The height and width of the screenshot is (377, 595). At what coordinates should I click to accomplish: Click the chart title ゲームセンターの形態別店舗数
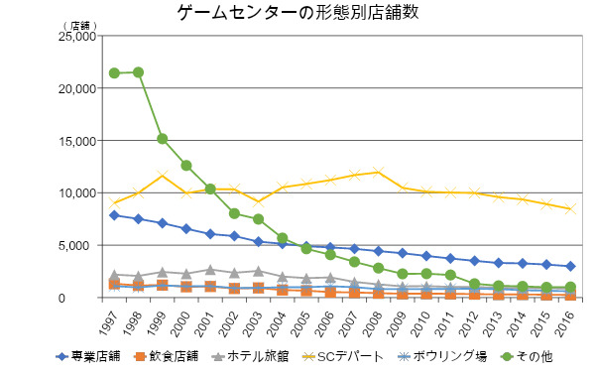click(x=297, y=12)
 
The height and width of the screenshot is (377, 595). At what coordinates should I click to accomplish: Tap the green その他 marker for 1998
click(x=138, y=72)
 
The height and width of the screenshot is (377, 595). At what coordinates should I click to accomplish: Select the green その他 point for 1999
click(x=163, y=139)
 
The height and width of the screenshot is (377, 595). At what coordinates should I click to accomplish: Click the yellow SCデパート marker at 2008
click(x=378, y=172)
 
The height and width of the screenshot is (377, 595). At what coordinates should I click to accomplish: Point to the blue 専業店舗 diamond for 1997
click(x=114, y=215)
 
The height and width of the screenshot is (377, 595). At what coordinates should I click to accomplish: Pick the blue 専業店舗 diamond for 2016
click(x=570, y=266)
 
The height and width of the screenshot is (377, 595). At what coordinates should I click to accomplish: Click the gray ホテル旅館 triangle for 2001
click(x=210, y=270)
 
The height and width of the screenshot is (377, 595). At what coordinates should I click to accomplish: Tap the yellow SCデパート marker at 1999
click(x=163, y=176)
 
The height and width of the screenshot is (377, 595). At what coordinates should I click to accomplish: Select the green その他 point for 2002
click(x=234, y=213)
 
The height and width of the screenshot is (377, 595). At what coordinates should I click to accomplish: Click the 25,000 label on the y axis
click(x=77, y=37)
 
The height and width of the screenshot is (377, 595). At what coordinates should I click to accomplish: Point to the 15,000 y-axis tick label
click(x=77, y=141)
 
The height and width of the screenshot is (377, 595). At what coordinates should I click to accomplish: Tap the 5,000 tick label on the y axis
click(x=79, y=246)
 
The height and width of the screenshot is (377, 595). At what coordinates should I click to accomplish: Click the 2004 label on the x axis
click(x=277, y=323)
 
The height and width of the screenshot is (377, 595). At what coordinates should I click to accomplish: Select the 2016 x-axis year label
click(x=565, y=323)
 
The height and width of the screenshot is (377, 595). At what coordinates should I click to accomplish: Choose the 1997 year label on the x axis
click(x=109, y=323)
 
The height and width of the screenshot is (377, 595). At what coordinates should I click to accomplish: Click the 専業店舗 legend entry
click(x=88, y=356)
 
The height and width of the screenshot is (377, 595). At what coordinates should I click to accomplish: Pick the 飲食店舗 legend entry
click(x=167, y=356)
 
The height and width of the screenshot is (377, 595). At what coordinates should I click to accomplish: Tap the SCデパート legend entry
click(x=343, y=356)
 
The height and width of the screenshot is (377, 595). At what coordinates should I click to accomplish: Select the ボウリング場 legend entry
click(x=442, y=356)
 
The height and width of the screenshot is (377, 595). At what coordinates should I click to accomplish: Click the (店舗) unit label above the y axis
click(x=79, y=26)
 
